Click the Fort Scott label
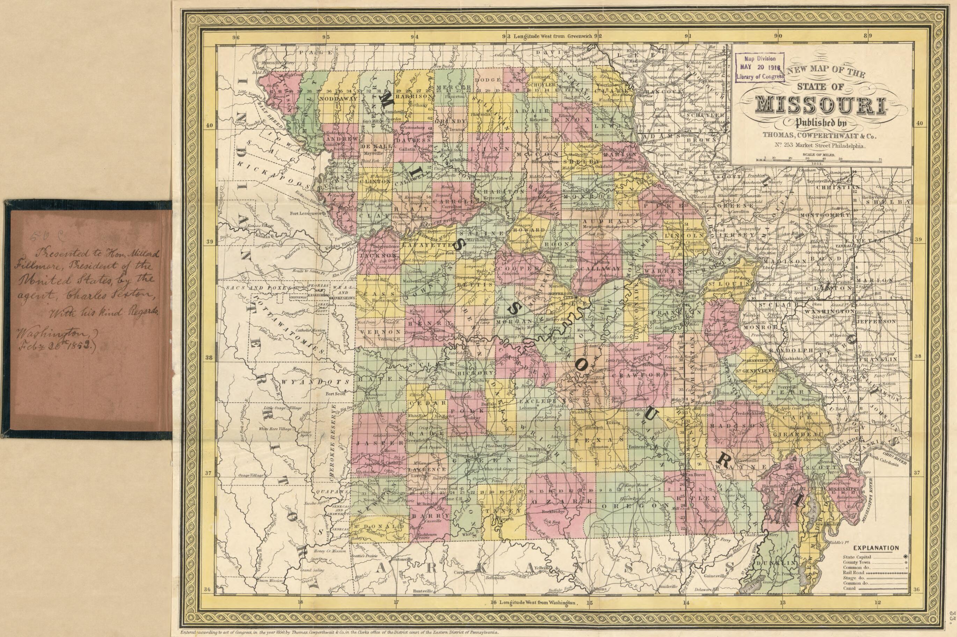(x=335, y=393)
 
